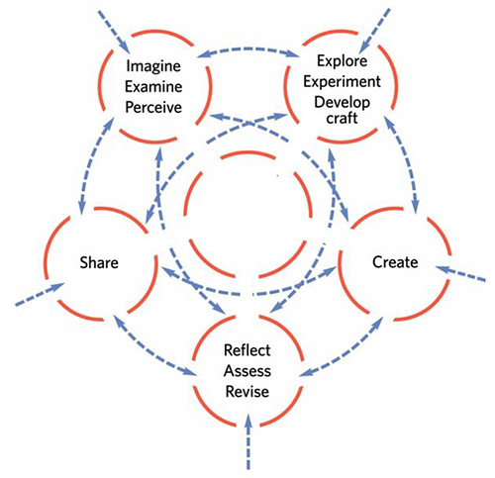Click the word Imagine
point(152,67)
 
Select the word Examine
point(152,86)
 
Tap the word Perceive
point(152,106)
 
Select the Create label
point(394,262)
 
